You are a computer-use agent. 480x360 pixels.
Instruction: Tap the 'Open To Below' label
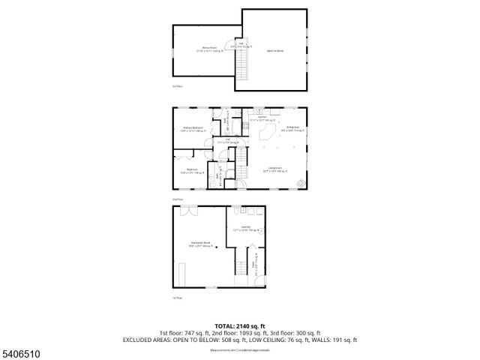274,51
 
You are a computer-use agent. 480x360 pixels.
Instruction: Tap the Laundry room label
245,229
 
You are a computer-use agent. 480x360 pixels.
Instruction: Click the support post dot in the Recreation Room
217,250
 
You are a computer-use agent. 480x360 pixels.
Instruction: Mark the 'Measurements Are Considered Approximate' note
239,349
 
